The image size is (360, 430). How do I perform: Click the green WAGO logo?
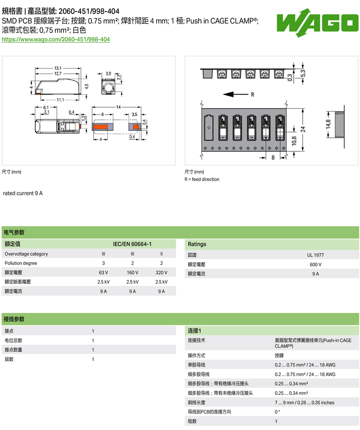317,22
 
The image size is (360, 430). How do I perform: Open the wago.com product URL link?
56,40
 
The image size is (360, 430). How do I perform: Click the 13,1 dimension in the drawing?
58,68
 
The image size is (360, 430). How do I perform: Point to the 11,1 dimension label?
60,100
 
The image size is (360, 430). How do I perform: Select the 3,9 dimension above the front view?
108,73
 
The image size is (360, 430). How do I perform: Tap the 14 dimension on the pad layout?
118,107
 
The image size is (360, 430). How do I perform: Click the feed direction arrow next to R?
235,94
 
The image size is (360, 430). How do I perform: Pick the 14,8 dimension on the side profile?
328,124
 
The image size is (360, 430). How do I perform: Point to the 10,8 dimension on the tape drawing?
294,141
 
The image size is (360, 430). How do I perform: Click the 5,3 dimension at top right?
303,73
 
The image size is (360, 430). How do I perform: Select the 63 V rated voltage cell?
103,273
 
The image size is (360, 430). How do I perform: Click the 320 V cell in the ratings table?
162,273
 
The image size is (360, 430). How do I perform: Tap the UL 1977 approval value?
315,255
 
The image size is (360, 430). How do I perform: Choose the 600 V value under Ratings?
315,264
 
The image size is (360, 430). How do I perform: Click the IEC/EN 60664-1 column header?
132,244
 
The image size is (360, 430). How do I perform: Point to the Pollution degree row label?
21,263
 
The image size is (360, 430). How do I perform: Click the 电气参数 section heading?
14,232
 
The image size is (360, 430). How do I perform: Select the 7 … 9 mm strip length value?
305,403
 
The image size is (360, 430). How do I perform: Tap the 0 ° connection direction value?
277,412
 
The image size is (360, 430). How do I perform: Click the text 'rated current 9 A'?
23,193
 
